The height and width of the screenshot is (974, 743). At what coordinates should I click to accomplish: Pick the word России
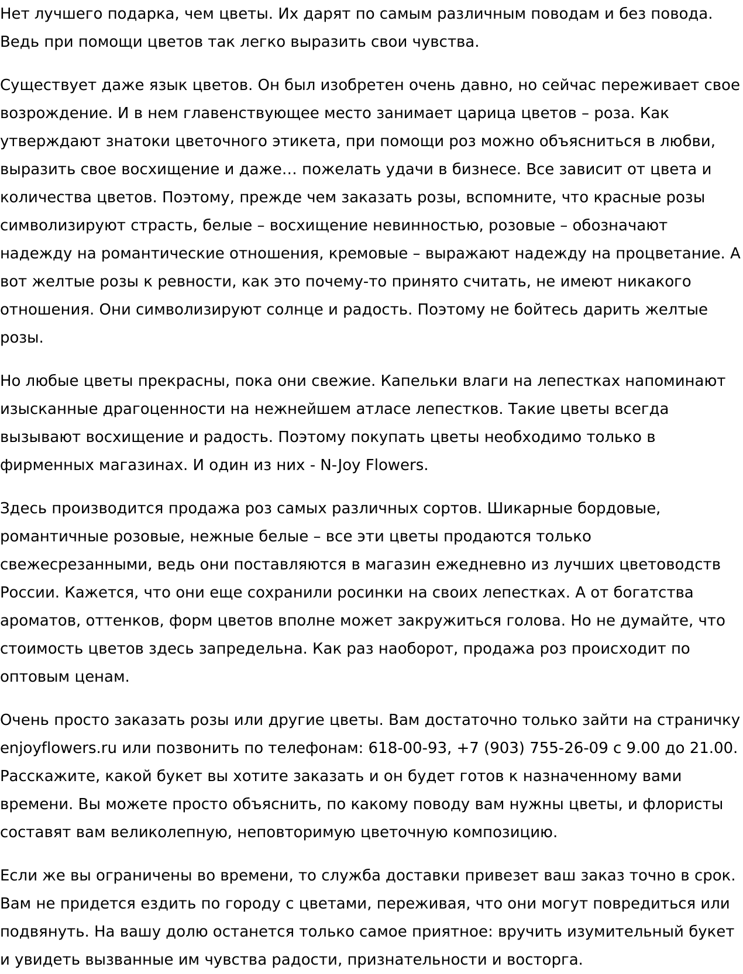(x=28, y=592)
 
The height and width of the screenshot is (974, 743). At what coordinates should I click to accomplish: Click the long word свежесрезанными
(x=75, y=564)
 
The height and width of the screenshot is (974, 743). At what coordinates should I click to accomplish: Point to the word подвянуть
(x=43, y=931)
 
